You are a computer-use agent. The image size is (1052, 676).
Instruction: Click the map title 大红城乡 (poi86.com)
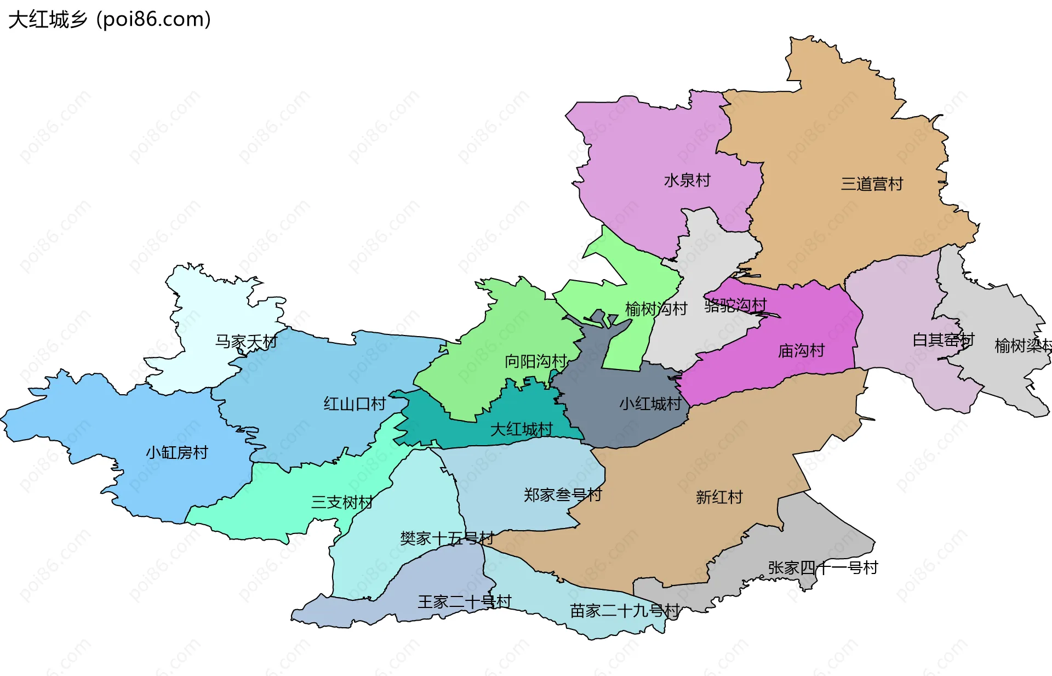coord(110,20)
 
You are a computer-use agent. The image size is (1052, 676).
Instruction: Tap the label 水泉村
coord(687,180)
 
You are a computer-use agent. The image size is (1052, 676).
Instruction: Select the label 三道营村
coord(872,184)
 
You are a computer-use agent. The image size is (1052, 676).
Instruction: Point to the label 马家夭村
coord(246,342)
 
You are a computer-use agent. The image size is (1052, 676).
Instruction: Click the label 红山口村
coord(355,404)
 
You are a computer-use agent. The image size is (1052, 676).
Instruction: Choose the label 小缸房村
coord(177,452)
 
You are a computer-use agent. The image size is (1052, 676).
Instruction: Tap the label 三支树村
coord(342,502)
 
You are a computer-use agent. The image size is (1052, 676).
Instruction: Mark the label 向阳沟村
coord(535,361)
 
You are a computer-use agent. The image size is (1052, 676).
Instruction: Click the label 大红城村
coord(521,429)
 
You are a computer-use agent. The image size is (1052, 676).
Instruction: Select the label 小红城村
coord(650,404)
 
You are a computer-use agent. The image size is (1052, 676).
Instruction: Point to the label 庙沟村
coord(801,350)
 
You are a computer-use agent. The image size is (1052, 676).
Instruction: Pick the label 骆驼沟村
coord(735,305)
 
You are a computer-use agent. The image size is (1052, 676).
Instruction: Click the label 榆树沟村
coord(656,309)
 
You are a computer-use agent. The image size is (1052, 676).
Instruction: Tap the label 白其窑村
coord(943,340)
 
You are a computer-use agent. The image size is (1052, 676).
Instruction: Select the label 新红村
coord(719,497)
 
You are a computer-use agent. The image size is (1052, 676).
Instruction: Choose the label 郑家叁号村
coord(563,495)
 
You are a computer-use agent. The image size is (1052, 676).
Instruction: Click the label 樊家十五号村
coord(447,538)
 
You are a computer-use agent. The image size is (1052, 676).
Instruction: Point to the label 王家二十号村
coord(465,601)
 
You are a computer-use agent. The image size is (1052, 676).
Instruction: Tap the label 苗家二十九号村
coord(625,610)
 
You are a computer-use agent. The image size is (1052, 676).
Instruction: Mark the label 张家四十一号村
coord(823,567)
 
